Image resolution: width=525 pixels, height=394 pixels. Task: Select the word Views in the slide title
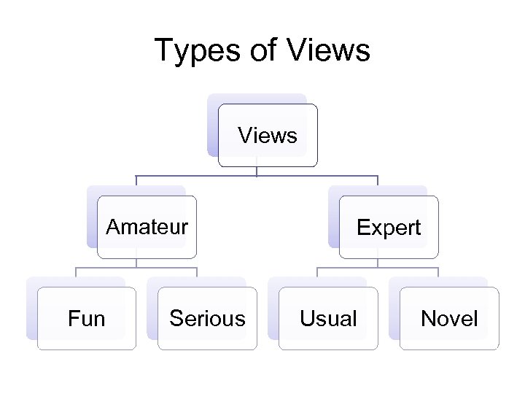point(329,51)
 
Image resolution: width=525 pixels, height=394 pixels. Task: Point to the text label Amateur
point(147,227)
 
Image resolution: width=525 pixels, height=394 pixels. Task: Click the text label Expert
point(389,228)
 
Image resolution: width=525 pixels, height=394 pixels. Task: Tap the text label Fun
point(87,318)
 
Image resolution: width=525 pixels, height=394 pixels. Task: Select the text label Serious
point(207,318)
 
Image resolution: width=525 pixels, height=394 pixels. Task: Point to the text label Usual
point(328,318)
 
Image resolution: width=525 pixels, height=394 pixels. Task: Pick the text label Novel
point(449,318)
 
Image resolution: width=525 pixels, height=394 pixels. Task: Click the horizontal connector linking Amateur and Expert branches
point(197,177)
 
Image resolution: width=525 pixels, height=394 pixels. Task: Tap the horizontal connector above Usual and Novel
point(408,268)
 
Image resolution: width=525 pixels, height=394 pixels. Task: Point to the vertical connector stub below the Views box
point(257,171)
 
